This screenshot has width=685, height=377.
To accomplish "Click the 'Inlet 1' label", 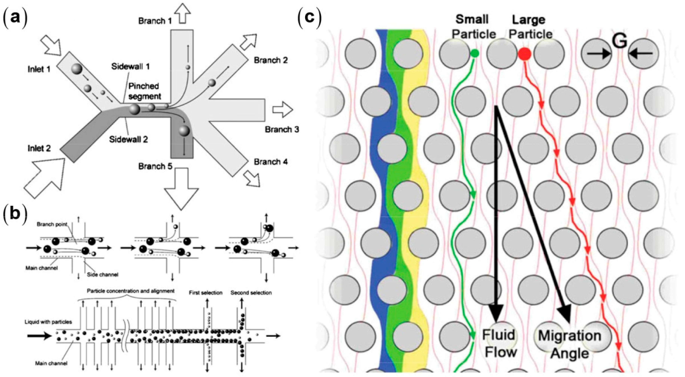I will (x=39, y=70).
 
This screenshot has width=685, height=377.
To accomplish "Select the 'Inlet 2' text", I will (x=39, y=149).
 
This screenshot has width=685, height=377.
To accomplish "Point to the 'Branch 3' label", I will (x=282, y=130).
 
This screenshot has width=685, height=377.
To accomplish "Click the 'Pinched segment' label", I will (x=144, y=91).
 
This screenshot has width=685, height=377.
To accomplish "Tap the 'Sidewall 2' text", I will (x=129, y=139).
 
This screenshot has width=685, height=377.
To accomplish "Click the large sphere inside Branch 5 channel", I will (x=184, y=131).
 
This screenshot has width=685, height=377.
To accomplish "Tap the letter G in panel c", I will (x=620, y=42).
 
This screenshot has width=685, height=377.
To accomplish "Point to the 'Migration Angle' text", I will (x=570, y=345).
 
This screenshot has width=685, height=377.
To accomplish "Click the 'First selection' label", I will (x=205, y=293).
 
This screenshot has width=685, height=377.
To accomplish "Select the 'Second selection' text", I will (x=251, y=293).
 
